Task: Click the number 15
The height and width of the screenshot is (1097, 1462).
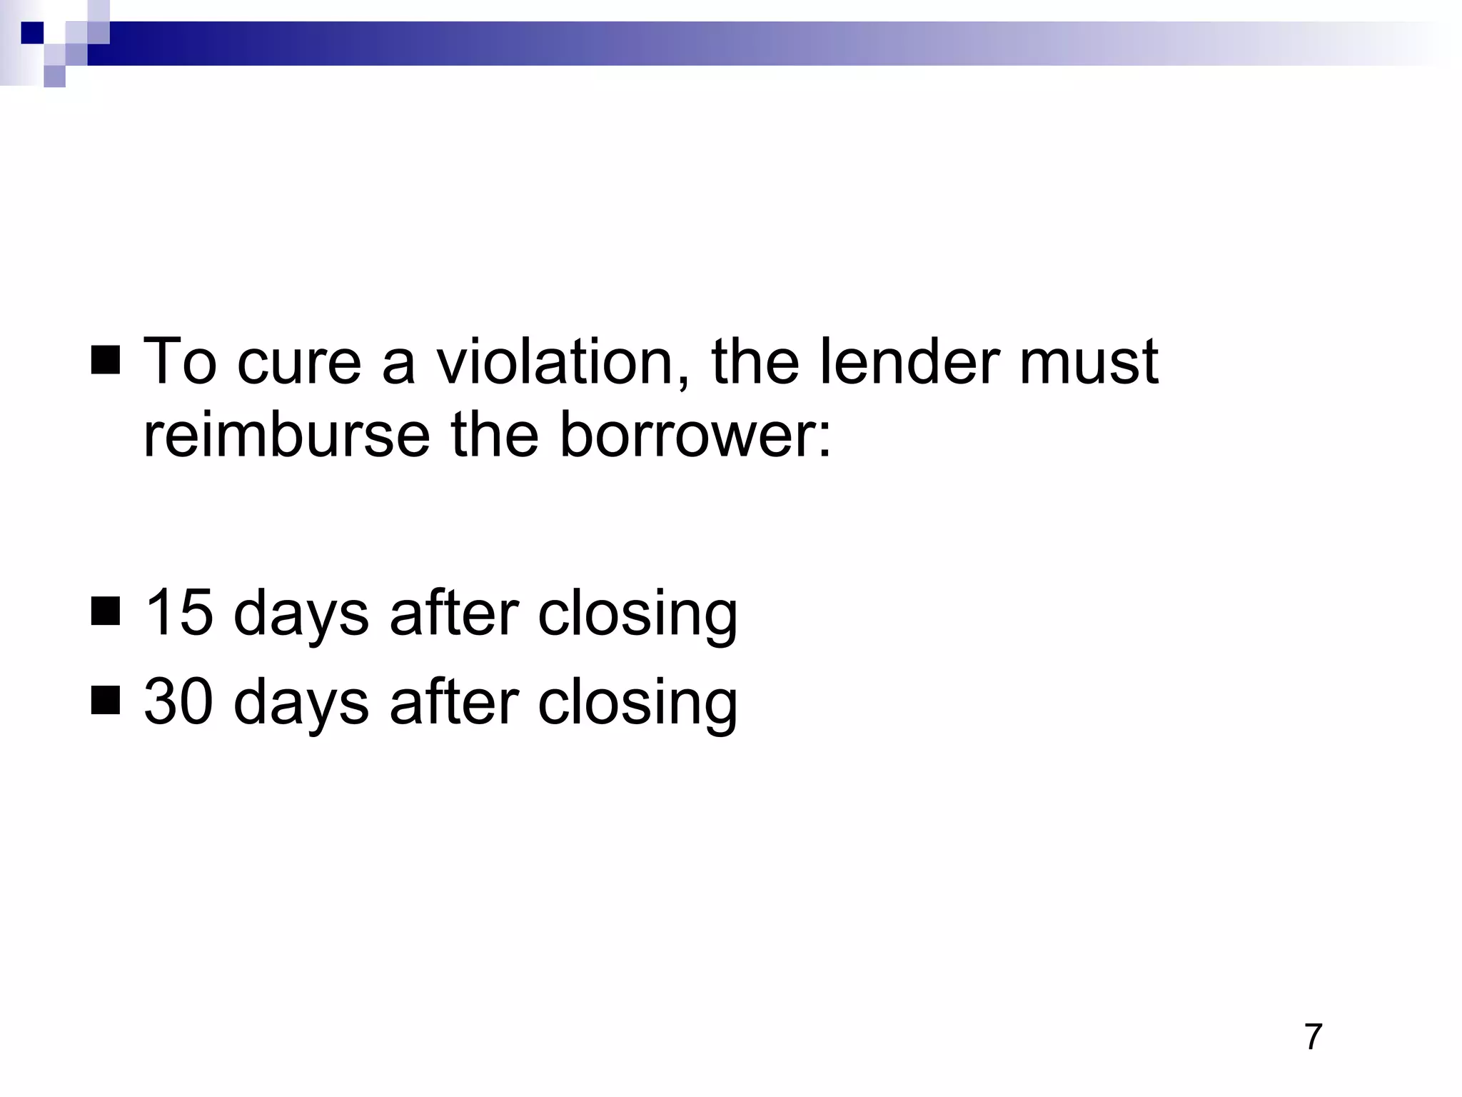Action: click(178, 613)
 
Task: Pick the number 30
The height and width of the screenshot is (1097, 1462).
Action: click(178, 701)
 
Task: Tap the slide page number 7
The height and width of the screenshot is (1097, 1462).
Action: click(1313, 1037)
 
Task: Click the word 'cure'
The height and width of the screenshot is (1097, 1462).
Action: click(299, 361)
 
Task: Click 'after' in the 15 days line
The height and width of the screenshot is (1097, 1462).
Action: click(454, 613)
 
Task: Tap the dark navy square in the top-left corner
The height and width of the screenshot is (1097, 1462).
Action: click(32, 33)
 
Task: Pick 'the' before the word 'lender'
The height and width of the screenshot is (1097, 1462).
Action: click(755, 361)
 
